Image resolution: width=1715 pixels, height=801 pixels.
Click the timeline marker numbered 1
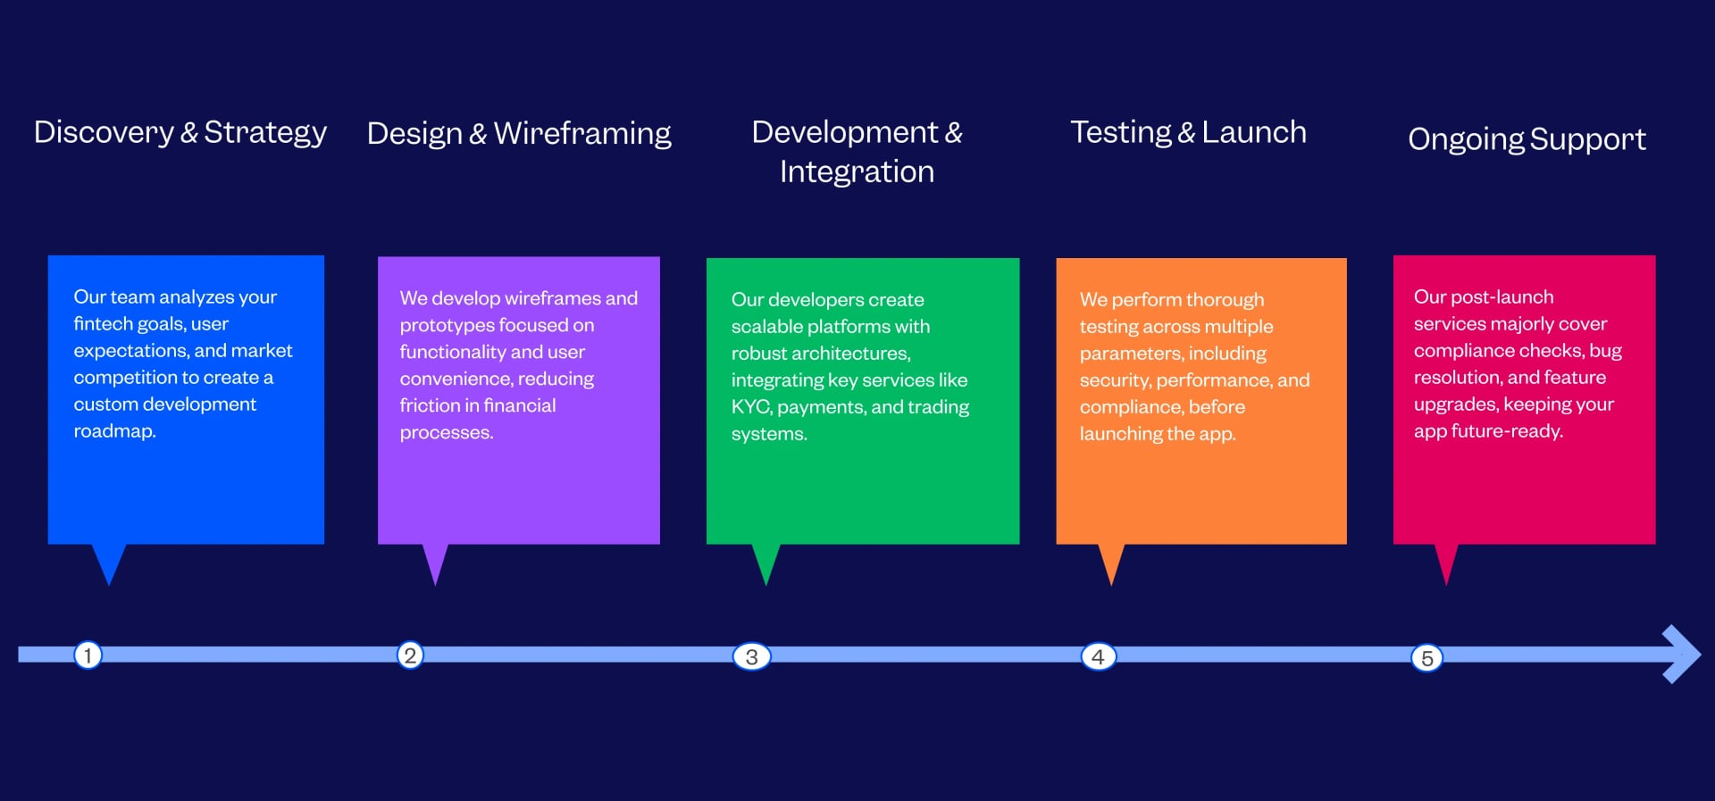(x=88, y=655)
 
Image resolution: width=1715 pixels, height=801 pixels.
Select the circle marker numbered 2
(x=410, y=655)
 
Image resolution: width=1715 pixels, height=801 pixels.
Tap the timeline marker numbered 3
(x=751, y=656)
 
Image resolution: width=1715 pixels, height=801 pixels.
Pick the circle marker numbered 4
(x=1098, y=656)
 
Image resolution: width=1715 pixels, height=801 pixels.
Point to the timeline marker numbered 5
(x=1426, y=658)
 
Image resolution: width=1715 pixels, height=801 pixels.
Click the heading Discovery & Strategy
(x=180, y=132)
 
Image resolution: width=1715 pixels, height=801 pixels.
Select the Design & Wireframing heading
(x=519, y=133)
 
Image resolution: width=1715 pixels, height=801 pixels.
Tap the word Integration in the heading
(x=857, y=171)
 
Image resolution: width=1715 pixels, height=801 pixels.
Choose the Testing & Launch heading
(x=1188, y=132)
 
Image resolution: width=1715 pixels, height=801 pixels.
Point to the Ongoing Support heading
(x=1527, y=139)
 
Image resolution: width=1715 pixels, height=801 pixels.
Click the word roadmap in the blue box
(x=113, y=431)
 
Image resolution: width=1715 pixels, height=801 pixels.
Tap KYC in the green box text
(x=750, y=407)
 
